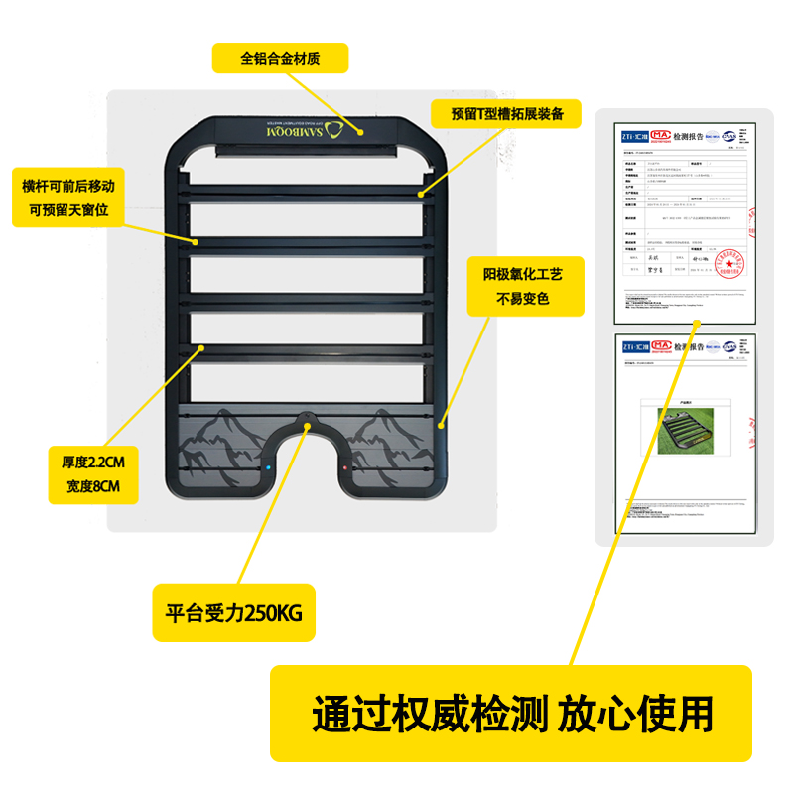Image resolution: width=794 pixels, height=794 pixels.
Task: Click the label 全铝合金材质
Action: (281, 58)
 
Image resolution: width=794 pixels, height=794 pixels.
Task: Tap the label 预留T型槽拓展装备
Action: (507, 114)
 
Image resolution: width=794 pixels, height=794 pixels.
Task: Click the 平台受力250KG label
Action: (233, 611)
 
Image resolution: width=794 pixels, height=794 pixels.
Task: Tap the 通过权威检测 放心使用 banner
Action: (512, 712)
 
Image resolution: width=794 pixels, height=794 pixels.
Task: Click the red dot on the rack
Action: (344, 467)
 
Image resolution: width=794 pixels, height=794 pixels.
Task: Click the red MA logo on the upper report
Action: (661, 135)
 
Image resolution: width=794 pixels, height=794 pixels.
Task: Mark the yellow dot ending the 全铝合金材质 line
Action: (362, 130)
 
